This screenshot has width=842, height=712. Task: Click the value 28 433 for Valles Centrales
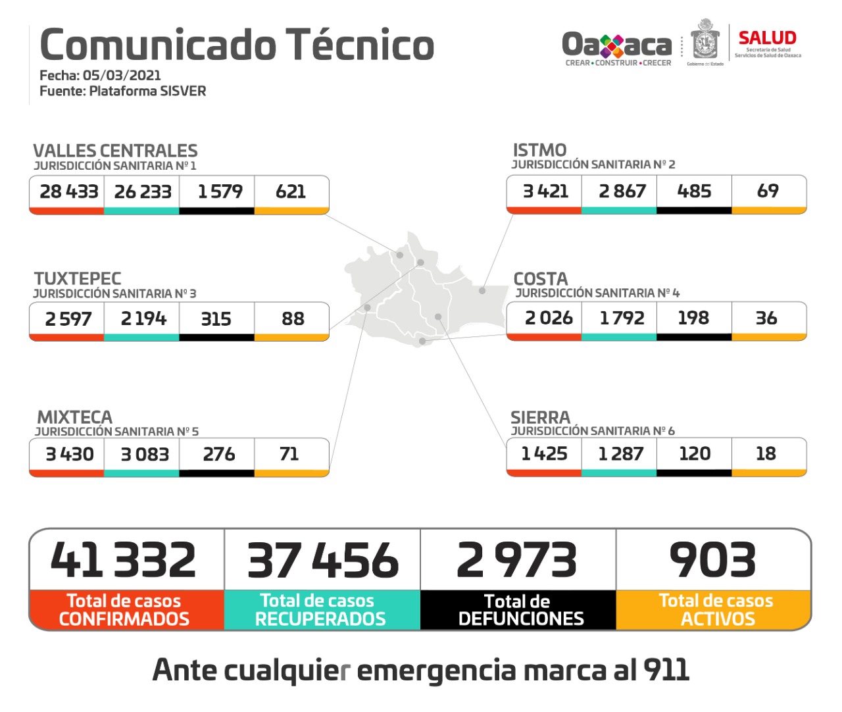coord(68,191)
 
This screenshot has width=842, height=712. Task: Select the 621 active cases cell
coord(291,191)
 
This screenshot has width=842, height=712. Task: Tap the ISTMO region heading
coord(539,150)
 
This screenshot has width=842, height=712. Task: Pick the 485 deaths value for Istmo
coord(694,191)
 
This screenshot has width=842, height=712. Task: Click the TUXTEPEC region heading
coord(78,278)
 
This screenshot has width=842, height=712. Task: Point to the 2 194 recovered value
coord(143,318)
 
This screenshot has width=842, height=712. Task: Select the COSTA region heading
coord(540,278)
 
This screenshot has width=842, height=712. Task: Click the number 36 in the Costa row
coord(766,318)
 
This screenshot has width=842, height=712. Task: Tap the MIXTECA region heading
coord(74,417)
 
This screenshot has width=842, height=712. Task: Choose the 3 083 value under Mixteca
coord(145,454)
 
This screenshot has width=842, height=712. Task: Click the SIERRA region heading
coord(540,417)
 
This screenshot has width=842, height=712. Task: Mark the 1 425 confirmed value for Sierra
coord(544,453)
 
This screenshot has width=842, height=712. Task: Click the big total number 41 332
coord(124,560)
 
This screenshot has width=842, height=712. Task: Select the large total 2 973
coord(517,560)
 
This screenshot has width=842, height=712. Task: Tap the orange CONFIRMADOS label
coord(124,619)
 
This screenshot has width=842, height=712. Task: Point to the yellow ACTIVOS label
coord(718,619)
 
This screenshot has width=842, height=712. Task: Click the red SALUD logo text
coord(767,38)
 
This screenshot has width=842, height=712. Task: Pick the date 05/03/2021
coord(122,75)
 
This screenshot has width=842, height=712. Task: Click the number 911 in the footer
coord(666,670)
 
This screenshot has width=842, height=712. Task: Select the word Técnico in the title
coord(360,45)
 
